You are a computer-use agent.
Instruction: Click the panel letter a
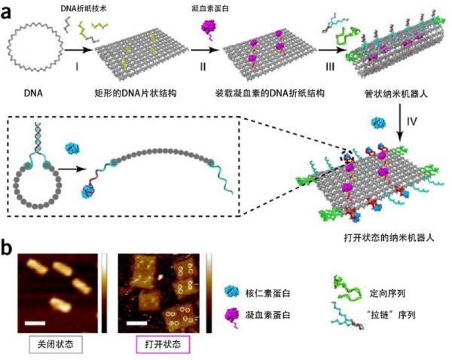6,12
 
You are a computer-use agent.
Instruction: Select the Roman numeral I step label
77,67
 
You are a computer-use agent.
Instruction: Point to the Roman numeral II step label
203,67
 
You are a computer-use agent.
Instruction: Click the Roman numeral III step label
330,67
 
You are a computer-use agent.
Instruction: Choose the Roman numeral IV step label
412,121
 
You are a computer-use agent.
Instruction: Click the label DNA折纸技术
84,8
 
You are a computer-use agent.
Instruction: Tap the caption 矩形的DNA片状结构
136,93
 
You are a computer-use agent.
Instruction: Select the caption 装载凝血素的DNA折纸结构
270,93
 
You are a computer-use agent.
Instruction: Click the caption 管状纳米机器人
396,93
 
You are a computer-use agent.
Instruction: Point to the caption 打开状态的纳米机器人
389,238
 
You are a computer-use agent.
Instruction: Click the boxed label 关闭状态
56,344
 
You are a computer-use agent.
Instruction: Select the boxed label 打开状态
163,344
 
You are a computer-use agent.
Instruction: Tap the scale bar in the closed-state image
35,323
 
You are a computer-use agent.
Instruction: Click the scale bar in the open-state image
136,323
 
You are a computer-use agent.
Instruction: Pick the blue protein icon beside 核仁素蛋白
231,292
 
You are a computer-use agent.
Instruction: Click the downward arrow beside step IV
400,123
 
